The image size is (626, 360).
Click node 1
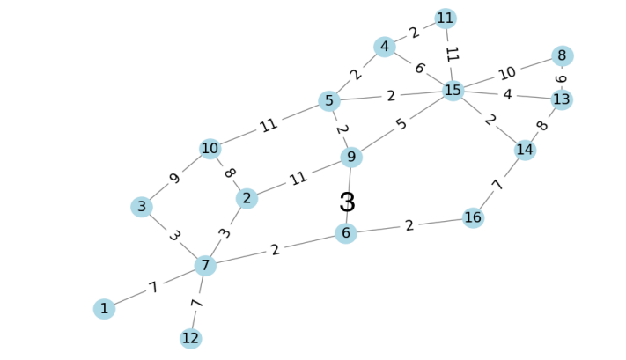pos(104,309)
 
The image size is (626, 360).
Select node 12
pos(191,339)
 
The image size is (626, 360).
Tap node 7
pos(205,265)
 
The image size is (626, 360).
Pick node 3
pos(141,207)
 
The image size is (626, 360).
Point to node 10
pos(210,149)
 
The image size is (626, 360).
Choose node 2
pos(247,199)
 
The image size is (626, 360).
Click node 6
pos(346,233)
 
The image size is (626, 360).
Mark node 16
pos(474,217)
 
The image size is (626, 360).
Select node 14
pos(525,150)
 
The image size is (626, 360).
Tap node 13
pos(562,99)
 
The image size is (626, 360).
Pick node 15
pos(453,91)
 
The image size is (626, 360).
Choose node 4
pos(383,47)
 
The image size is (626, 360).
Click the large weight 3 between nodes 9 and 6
pos(348,202)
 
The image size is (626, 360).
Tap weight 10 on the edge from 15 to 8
pos(507,73)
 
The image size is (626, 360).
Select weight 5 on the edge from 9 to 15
pos(402,124)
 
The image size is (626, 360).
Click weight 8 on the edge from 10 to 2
pos(229,173)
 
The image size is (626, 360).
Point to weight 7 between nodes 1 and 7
pos(153,288)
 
